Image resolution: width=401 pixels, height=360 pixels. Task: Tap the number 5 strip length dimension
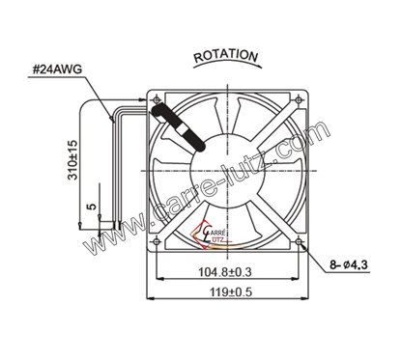coord(90,206)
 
